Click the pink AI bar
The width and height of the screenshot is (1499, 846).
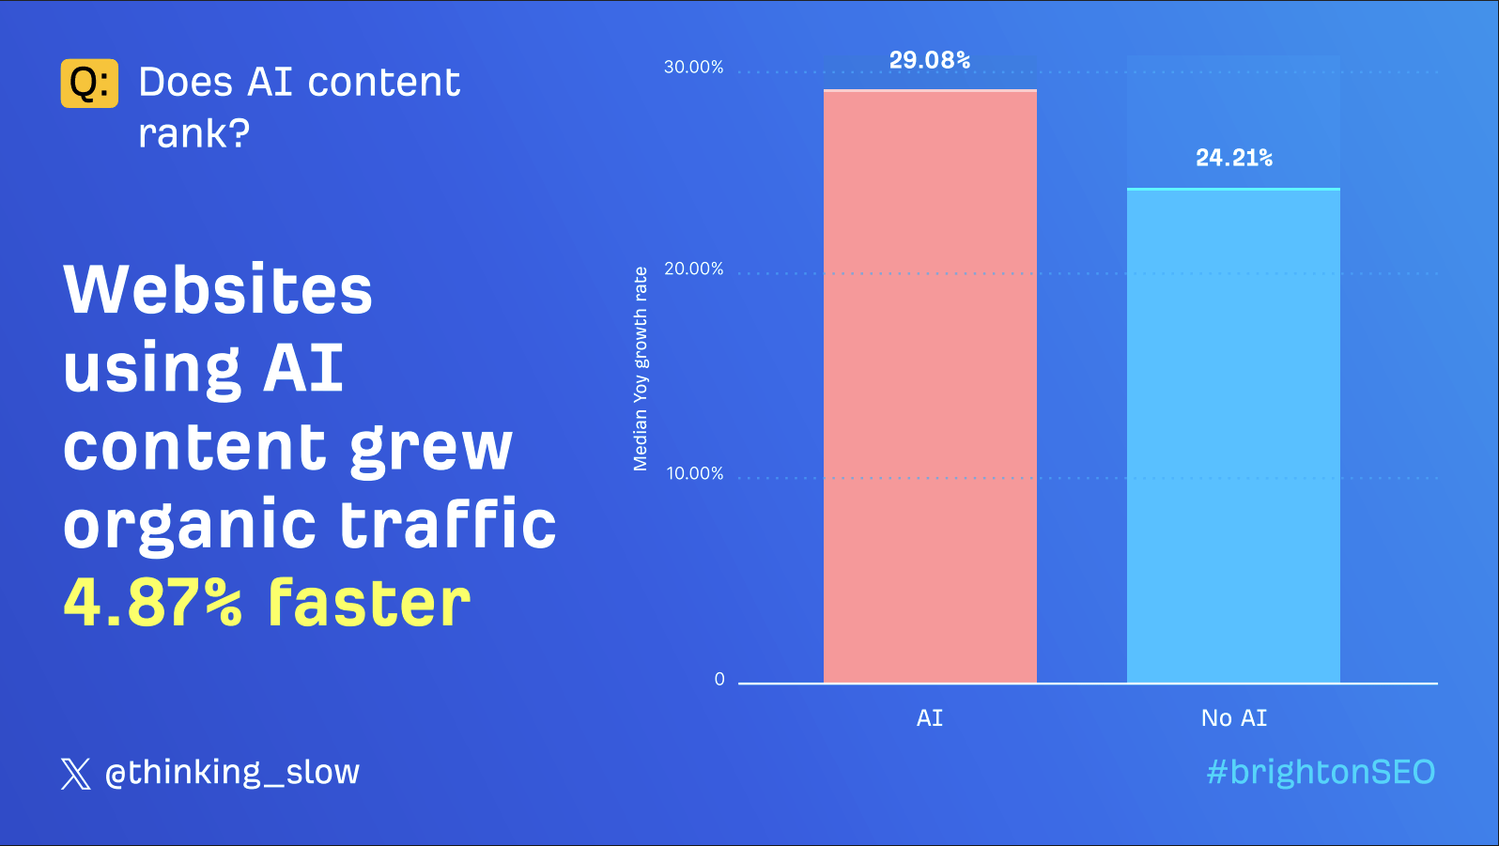pos(930,386)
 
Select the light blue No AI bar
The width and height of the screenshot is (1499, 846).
pos(1233,436)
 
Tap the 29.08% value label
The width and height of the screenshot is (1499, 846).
pos(930,60)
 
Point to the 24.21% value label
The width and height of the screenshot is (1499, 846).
pos(1234,158)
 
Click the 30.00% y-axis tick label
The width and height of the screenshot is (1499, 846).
pos(693,67)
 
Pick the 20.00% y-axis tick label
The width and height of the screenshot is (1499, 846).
pos(693,269)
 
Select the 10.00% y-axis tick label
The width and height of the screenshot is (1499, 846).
pos(695,473)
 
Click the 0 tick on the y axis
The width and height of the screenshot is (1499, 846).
pos(719,680)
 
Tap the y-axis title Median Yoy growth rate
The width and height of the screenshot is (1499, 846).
pos(641,368)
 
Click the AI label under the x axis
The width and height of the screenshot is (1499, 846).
pos(930,717)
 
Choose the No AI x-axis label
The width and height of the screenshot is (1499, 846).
pos(1234,717)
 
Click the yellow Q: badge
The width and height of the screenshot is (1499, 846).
pos(89,83)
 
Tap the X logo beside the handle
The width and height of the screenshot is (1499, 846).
pos(76,774)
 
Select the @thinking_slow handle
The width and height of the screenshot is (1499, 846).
pos(232,773)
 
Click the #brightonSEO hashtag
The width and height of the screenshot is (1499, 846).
pos(1321,772)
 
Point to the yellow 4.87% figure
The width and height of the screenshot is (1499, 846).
pos(152,603)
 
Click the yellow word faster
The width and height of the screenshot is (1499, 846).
pos(369,602)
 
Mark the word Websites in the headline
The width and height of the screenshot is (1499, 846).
pos(218,289)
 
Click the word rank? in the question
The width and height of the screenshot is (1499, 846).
pos(194,133)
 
